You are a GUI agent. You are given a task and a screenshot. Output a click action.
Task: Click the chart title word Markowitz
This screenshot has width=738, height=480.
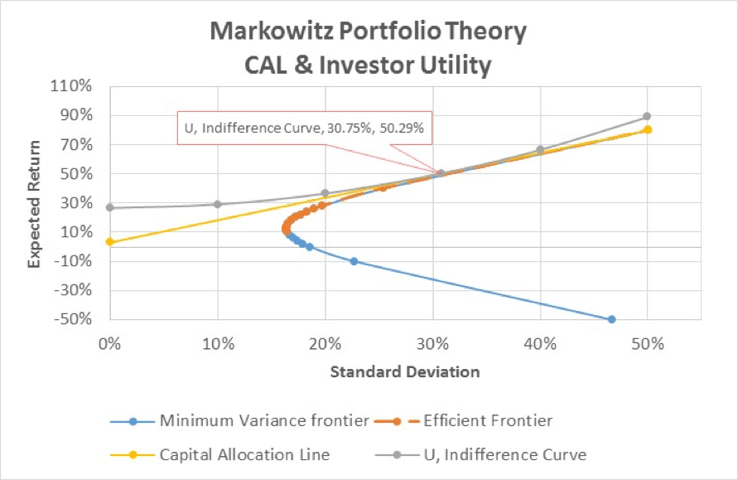point(270,32)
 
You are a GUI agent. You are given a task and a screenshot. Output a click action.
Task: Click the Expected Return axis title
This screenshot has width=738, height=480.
point(35,202)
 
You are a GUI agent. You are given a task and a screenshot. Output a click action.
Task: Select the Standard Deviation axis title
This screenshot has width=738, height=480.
point(405,371)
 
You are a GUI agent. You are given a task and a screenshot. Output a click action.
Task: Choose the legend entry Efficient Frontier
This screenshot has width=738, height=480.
point(487,421)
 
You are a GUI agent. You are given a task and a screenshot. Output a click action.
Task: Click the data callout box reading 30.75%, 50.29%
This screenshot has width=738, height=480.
point(304,128)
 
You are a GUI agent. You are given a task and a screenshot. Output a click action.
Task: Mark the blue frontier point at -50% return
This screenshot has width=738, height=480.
point(611,319)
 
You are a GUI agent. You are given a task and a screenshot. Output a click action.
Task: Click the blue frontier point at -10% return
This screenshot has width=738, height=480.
point(354,261)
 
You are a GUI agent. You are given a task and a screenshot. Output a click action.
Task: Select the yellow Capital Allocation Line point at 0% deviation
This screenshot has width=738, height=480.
point(109,242)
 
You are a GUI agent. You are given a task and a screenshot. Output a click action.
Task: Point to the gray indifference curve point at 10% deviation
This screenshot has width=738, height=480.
point(217,204)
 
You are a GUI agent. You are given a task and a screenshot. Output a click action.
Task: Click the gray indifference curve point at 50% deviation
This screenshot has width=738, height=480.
point(647,116)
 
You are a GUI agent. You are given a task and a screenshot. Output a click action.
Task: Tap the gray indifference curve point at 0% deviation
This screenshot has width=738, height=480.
point(109,208)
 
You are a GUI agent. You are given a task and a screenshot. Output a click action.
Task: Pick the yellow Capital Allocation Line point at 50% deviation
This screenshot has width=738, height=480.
point(648,129)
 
